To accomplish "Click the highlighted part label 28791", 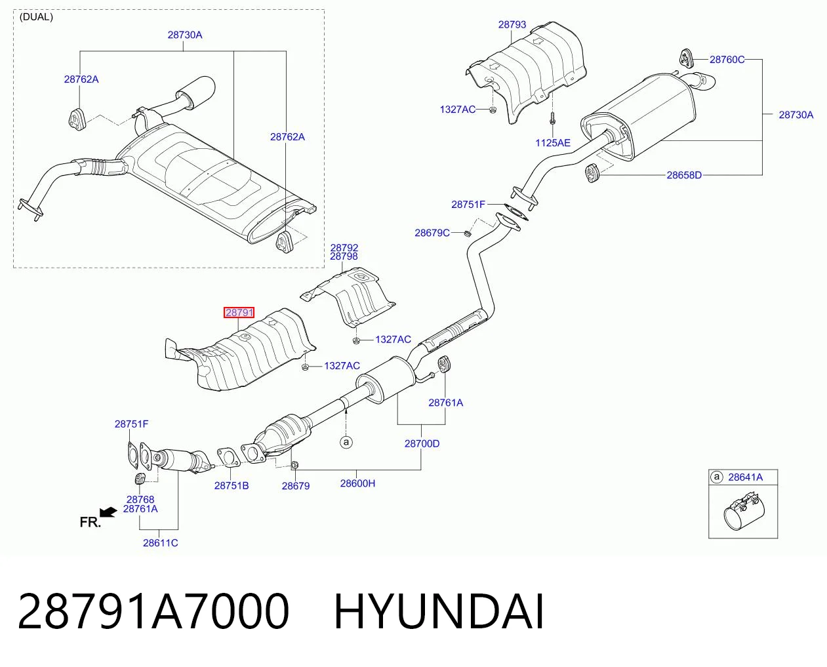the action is (x=239, y=313).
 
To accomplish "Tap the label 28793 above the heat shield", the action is (x=512, y=25).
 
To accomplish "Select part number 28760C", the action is (x=727, y=60).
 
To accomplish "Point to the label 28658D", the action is (x=684, y=175).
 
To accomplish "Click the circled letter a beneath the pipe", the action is (x=346, y=442).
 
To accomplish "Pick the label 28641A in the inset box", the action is (x=745, y=477).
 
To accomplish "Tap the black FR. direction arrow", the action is (x=108, y=512).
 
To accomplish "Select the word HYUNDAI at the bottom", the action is (x=439, y=611).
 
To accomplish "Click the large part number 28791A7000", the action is (x=153, y=611).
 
